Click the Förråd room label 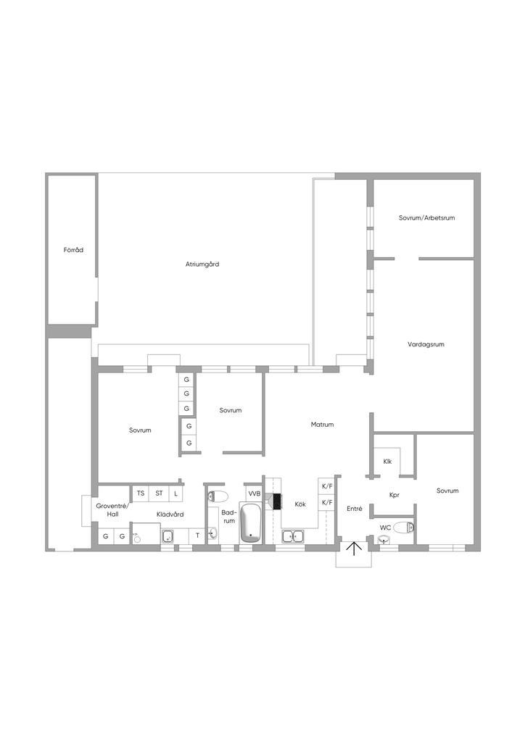click(73, 250)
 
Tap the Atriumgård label click(202, 264)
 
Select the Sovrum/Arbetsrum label click(426, 218)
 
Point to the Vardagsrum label click(426, 344)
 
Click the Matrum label click(322, 425)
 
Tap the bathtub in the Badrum click(250, 523)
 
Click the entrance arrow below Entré click(354, 549)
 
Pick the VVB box click(255, 493)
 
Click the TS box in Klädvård click(141, 493)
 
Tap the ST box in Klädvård click(159, 493)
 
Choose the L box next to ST click(175, 493)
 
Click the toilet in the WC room click(404, 528)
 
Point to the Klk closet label click(387, 462)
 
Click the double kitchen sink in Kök click(294, 536)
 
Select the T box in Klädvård click(197, 535)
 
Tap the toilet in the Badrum click(218, 496)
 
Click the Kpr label click(394, 495)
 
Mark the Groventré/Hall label click(112, 509)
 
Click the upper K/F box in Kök click(327, 486)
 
